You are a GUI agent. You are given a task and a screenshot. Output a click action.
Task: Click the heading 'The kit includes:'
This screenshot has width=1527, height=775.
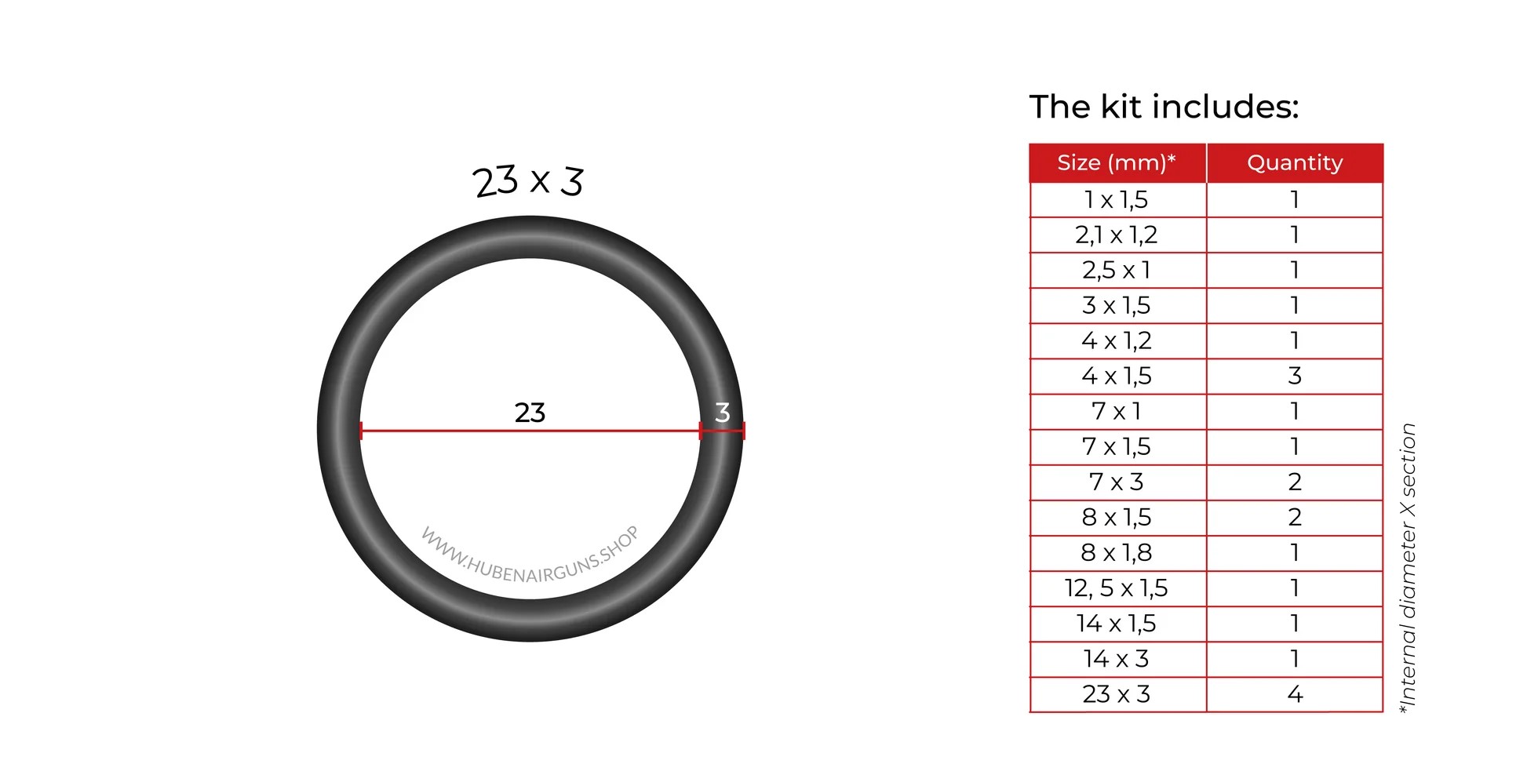[x=1164, y=107]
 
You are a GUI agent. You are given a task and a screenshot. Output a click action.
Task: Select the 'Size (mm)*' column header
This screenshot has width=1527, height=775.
[x=1117, y=162]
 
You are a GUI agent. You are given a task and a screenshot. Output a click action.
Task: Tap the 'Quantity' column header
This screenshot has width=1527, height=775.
[x=1295, y=162]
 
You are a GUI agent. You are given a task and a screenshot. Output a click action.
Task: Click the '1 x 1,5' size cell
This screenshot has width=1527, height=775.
[x=1117, y=200]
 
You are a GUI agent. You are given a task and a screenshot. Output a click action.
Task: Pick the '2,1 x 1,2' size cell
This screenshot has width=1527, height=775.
[x=1117, y=235]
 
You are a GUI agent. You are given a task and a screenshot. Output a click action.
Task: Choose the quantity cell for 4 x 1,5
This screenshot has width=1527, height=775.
[x=1295, y=376]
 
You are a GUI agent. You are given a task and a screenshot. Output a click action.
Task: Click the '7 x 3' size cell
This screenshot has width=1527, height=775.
[x=1117, y=482]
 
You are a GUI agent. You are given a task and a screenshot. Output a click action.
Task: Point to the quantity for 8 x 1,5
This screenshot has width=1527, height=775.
[x=1295, y=517]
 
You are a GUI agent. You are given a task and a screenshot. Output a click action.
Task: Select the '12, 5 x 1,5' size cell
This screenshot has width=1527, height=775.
[x=1117, y=588]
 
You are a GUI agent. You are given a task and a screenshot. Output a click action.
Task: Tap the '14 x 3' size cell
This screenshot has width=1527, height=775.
[x=1117, y=659]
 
